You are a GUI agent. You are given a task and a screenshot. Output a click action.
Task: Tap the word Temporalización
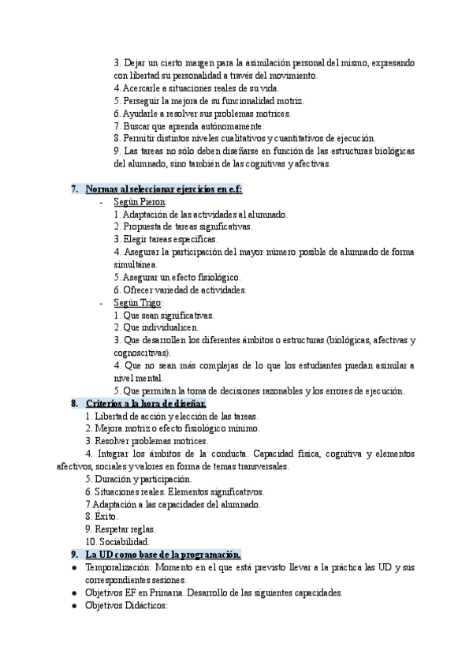pos(119,568)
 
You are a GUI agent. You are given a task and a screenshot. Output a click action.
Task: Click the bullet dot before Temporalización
pos(73,568)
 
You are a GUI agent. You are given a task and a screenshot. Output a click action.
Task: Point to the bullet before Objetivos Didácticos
pos(73,606)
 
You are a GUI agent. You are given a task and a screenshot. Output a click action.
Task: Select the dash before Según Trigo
pos(102,302)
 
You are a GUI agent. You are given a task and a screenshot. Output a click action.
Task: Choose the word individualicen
pos(172,327)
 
